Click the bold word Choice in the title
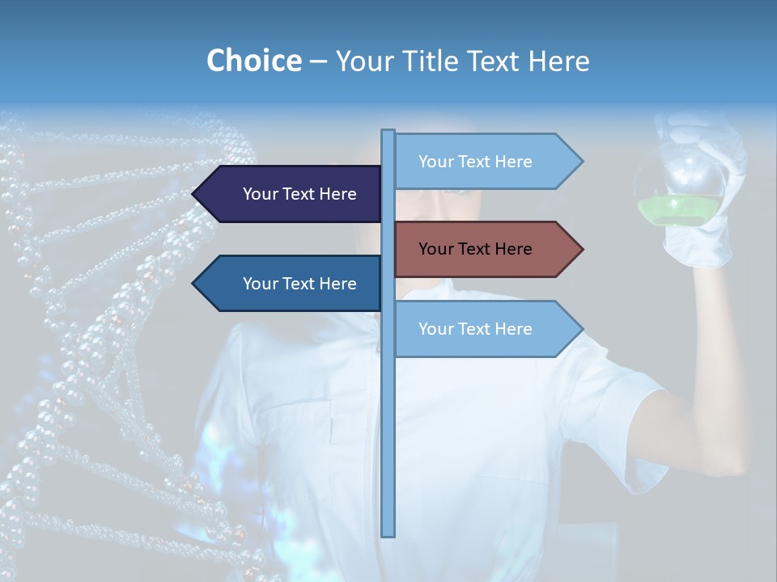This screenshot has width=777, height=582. tap(253, 61)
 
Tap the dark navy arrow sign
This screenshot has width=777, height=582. tap(291, 194)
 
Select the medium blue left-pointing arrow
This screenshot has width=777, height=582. tap(291, 284)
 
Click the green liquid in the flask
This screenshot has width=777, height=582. tap(678, 213)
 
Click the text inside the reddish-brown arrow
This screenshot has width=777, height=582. tap(475, 249)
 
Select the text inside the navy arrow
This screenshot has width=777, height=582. tap(299, 194)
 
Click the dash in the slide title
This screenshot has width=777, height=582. tap(318, 61)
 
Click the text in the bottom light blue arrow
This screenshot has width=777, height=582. tap(475, 329)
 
